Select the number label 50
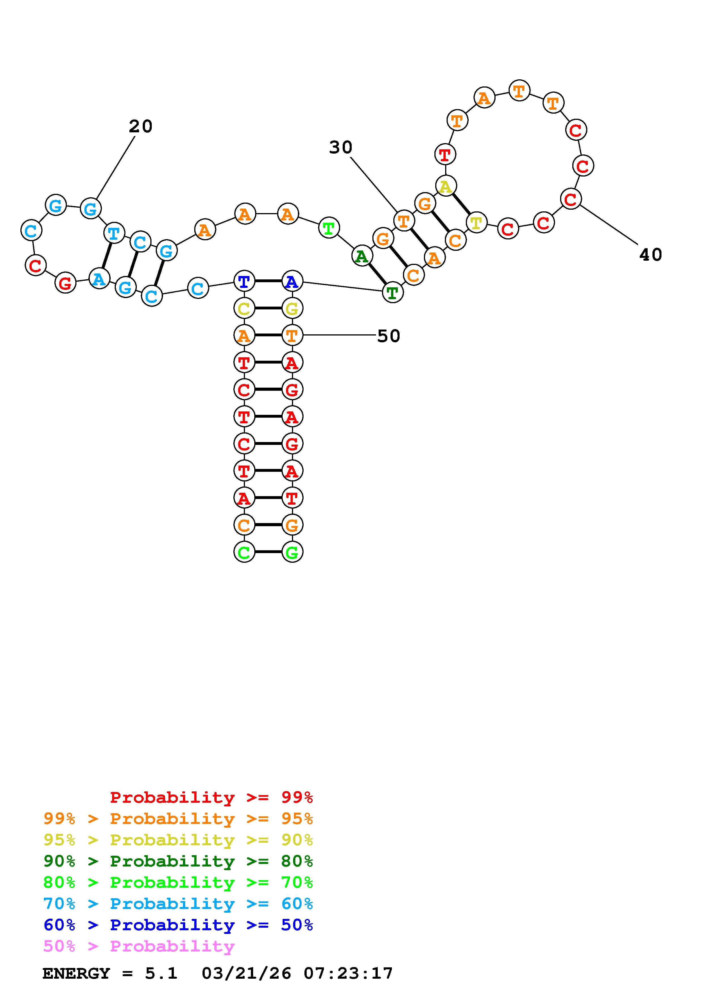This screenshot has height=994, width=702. pos(389,336)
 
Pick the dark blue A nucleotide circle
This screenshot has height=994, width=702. pos(292,282)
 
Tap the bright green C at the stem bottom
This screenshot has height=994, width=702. pos(244,552)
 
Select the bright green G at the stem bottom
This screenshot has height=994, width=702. pos(292,552)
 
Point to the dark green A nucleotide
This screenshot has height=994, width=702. pos(362,256)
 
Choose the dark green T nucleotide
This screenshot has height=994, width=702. pos(392,293)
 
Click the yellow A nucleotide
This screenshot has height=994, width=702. pos(445,187)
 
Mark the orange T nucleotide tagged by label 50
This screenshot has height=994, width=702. pos(292,335)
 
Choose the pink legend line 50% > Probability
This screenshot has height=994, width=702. pos(139,946)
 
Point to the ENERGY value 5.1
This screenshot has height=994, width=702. pos(161,974)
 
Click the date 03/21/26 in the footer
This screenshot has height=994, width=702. pos(247,974)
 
